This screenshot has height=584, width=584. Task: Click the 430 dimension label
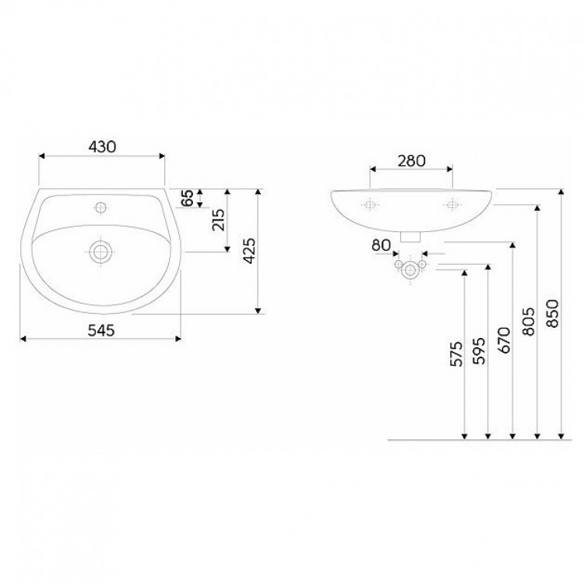click(102, 146)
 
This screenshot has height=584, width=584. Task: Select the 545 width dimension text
click(101, 330)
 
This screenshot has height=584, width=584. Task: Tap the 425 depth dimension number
click(249, 251)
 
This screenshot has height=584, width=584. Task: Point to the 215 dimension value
click(219, 220)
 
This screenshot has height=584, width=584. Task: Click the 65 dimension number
click(188, 198)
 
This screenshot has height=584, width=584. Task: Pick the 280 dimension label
click(411, 161)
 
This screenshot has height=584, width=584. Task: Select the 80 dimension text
click(382, 245)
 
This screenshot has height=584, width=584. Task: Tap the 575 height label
click(456, 354)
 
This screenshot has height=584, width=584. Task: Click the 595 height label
click(480, 351)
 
